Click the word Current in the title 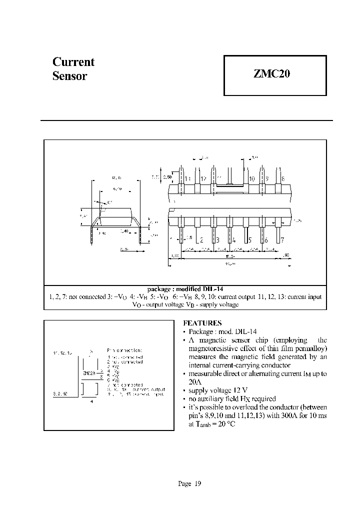click(x=73, y=62)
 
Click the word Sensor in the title click(x=70, y=76)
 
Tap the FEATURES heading click(x=202, y=323)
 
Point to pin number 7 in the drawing click(x=282, y=240)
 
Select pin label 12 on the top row click(x=203, y=178)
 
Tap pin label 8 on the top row click(x=283, y=178)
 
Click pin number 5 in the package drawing click(x=250, y=240)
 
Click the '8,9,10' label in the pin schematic click(x=61, y=393)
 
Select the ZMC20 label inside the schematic click(x=89, y=372)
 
